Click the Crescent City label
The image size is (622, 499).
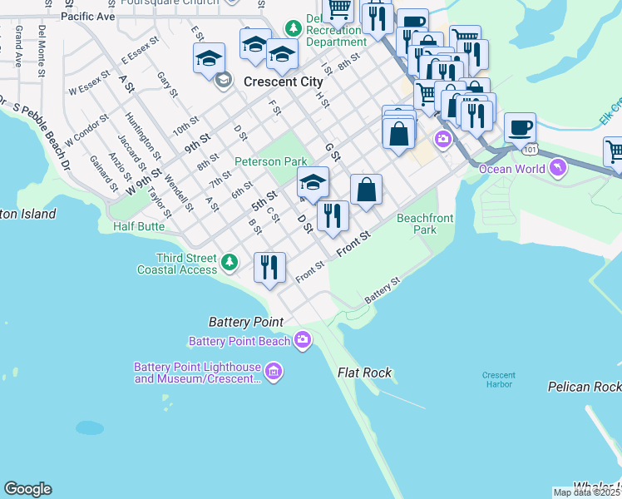tap(283, 82)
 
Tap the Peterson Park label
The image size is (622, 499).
tap(271, 161)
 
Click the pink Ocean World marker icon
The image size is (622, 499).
tap(558, 169)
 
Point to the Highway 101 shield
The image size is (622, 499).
tap(531, 151)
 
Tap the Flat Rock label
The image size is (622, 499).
tap(364, 373)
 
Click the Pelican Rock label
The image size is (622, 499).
tap(583, 387)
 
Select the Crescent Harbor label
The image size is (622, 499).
tap(499, 380)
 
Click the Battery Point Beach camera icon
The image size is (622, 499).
tap(303, 340)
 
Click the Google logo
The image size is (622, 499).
tap(27, 489)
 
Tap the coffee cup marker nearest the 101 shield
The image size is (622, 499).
tap(520, 128)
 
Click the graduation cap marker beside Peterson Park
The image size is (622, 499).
tap(313, 183)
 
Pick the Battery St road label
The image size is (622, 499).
tap(383, 291)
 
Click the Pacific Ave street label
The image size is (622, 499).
tap(88, 17)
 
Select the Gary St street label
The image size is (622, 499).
tap(167, 84)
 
